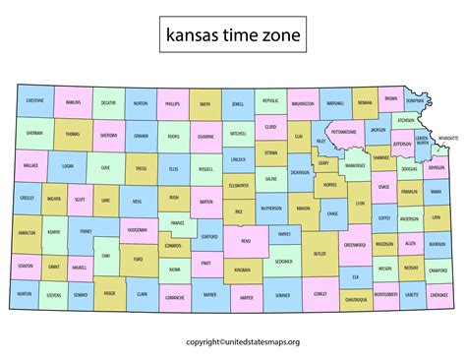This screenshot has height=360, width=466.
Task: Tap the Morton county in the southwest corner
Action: pos(25,294)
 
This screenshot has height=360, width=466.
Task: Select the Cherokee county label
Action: pos(439,294)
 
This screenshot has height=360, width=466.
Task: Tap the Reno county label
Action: pos(245,239)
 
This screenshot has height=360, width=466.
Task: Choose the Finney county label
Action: pos(86,231)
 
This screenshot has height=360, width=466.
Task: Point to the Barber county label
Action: pos(209,294)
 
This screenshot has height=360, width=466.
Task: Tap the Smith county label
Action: pos(205,103)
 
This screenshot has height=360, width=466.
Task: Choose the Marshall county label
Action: pos(335,102)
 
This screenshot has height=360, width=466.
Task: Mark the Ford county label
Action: pos(138,261)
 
